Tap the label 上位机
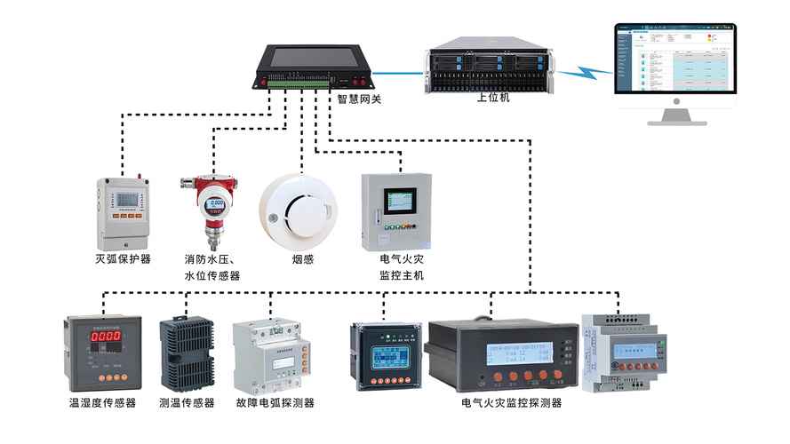493,98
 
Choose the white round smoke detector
298,210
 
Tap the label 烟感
303,259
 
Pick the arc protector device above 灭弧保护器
123,212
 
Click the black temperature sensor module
186,353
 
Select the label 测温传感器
187,403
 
